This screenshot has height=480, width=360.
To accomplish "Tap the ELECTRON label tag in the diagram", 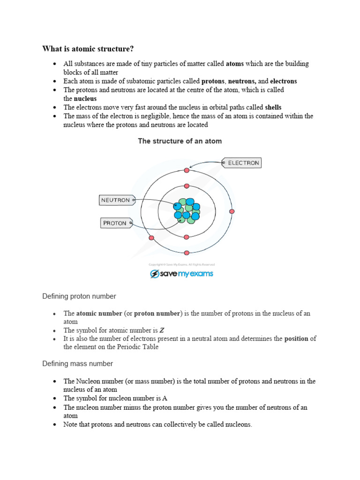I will click(241, 163).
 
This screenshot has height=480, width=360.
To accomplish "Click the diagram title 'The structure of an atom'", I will click(180, 141).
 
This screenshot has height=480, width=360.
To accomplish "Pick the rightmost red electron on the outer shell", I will click(232, 211).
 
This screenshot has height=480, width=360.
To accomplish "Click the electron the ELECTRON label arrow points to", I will click(187, 170).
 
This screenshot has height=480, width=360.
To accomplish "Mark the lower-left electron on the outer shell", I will click(151, 238).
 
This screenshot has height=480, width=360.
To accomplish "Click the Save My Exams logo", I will click(181, 274).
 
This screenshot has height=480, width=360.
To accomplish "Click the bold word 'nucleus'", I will click(85, 99).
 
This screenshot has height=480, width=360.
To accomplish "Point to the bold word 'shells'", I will click(273, 107).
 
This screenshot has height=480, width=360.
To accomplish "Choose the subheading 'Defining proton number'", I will click(79, 296).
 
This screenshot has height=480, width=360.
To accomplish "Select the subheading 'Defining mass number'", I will click(77, 364).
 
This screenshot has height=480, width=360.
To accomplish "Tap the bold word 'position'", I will click(296, 339).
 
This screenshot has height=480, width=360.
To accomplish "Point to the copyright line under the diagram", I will click(181, 264).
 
